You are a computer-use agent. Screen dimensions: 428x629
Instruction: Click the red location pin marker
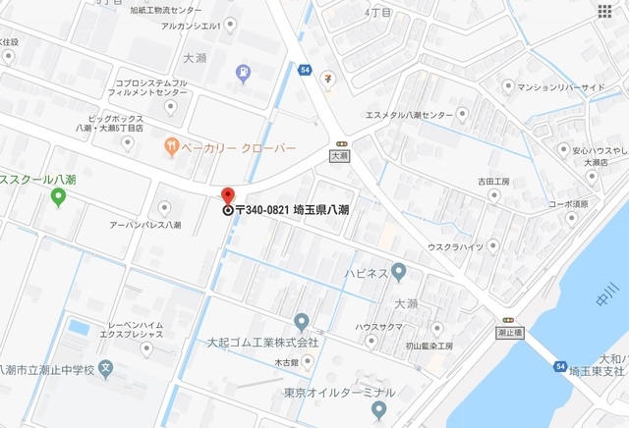click(x=228, y=196)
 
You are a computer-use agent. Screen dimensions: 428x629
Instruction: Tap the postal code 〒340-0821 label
click(x=293, y=210)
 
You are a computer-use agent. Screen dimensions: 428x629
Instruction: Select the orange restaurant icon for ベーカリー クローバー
click(x=172, y=147)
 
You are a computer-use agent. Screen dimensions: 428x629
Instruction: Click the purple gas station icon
click(x=243, y=72)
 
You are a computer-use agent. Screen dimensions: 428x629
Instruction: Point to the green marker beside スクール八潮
click(x=58, y=197)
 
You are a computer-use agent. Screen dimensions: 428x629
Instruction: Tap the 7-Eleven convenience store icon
click(x=328, y=79)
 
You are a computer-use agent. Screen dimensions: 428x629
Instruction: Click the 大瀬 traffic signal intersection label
click(x=340, y=155)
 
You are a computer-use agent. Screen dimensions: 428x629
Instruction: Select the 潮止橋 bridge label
click(x=508, y=333)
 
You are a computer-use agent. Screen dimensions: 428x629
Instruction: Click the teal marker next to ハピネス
click(x=398, y=271)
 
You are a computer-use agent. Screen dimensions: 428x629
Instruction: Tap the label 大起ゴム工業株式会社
click(x=262, y=343)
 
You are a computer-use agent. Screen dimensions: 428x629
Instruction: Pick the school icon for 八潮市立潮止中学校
click(x=106, y=370)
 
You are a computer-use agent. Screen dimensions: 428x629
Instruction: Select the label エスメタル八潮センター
click(x=409, y=115)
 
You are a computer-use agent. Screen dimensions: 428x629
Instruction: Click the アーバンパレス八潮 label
click(x=144, y=225)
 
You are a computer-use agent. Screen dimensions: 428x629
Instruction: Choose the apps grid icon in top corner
click(x=603, y=11)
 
